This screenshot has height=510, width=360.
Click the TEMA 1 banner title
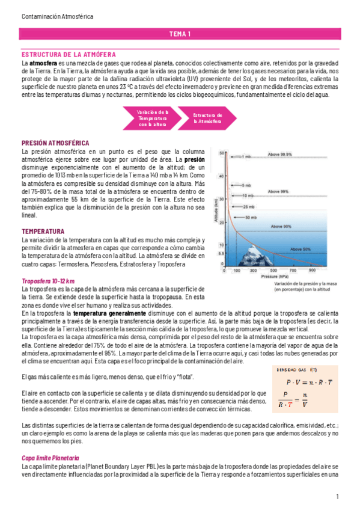pos(180,34)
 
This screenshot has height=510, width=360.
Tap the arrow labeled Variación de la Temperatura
pos(136,118)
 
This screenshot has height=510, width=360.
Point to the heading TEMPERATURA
pos(43,231)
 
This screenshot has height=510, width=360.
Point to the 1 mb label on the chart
pos(245,156)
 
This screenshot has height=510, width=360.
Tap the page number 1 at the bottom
pos(337,497)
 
